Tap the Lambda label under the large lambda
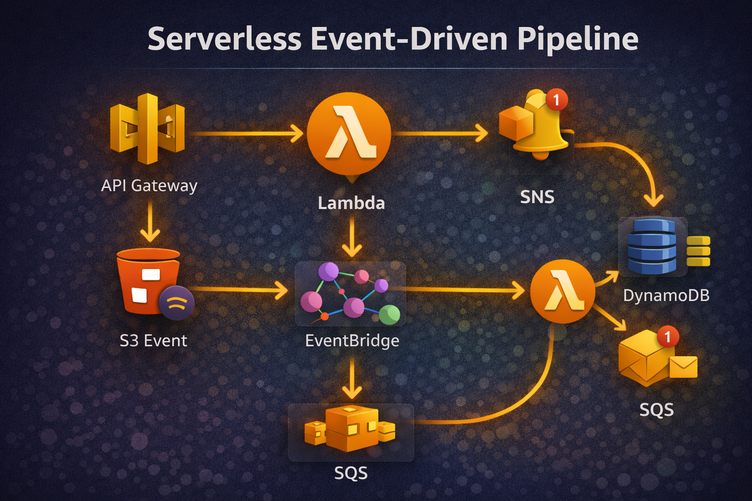coord(351,203)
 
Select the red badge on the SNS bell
coord(556,100)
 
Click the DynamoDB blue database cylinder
coord(652,246)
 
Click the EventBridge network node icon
coord(351,294)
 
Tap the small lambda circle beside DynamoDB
coord(563,292)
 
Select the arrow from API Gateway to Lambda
coord(247,133)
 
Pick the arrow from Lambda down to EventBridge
coord(352,237)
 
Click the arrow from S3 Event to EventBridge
coord(240,290)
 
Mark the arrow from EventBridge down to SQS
coord(352,377)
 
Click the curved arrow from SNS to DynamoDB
coord(636,157)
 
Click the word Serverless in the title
coord(224,39)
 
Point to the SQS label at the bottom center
coord(351,473)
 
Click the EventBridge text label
coord(352,341)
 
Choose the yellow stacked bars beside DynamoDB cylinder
coord(698,251)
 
